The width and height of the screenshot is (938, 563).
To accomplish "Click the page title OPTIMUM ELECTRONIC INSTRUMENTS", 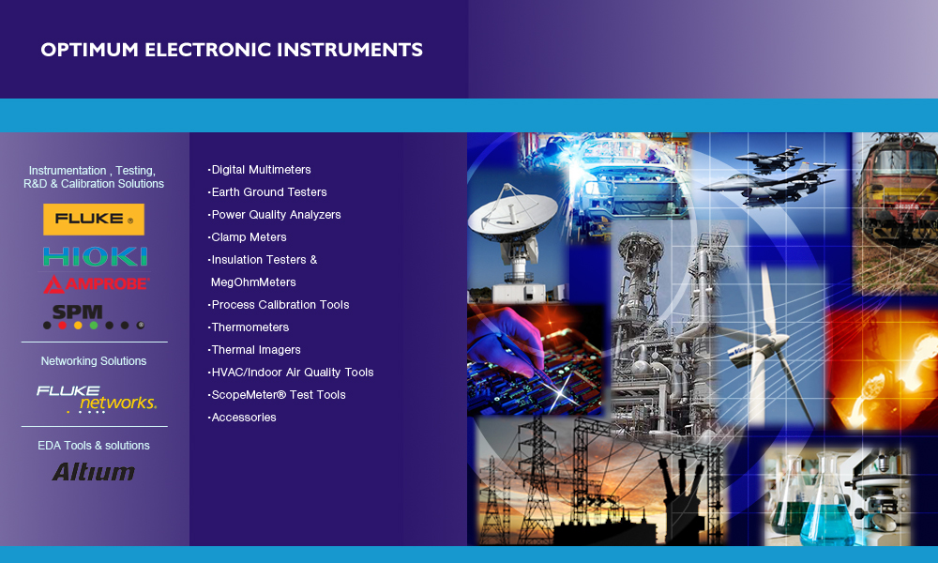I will pos(232,50).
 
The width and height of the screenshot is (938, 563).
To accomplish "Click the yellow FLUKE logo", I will pos(94,220).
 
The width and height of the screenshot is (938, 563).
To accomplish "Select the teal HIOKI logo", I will pos(95,256).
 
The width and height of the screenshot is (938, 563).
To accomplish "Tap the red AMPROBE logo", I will pos(95,283).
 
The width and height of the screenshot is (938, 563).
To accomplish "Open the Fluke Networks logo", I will pos(97,398).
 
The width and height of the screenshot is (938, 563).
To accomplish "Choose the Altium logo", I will pos(93,472).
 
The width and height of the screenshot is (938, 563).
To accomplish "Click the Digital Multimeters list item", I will pos(260,170).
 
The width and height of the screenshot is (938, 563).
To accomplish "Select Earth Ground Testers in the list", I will pos(268,192).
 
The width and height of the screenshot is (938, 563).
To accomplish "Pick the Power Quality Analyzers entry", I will pos(275,215).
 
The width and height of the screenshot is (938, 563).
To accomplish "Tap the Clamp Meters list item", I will pos(248,237).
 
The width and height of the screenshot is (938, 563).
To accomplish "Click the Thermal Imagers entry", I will pos(255,350).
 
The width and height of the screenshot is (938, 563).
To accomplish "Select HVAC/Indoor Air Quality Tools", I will pos(291,373).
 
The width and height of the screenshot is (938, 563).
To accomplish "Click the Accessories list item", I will pos(243,418).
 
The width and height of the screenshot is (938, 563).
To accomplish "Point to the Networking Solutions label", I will pos(94,361).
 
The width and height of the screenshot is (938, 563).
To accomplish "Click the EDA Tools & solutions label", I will pos(94,446).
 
